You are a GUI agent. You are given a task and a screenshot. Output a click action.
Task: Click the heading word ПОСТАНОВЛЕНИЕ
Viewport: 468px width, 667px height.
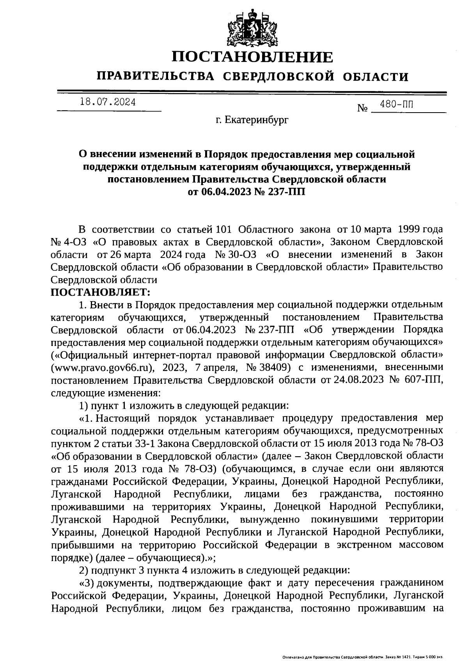pos(253,57)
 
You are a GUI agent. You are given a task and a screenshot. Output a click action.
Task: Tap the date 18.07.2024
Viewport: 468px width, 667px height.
pos(108,102)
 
